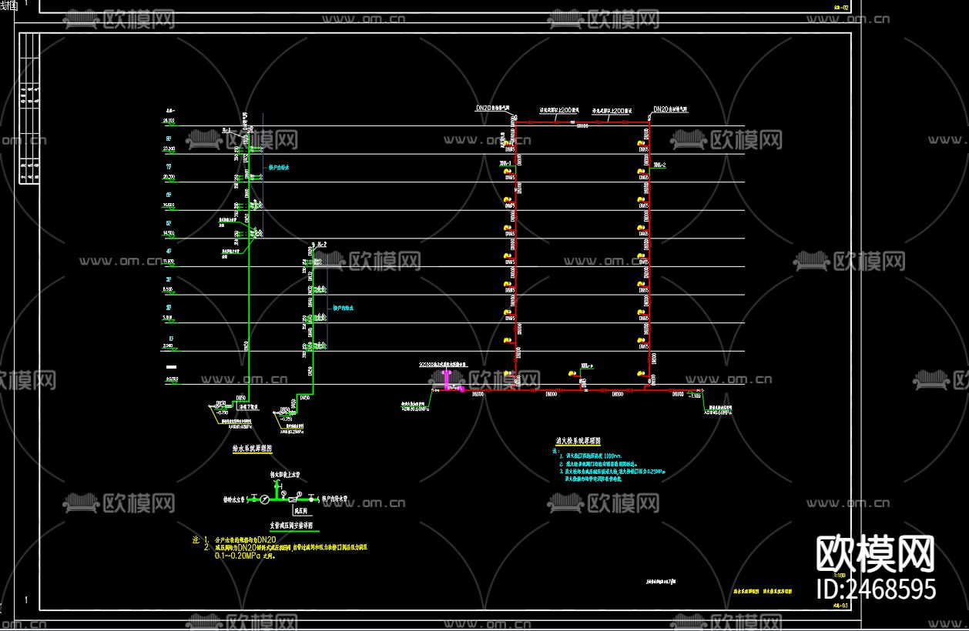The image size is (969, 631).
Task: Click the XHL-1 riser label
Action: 506,165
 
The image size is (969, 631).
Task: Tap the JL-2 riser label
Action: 320,243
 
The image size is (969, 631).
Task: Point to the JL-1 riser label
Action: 226,131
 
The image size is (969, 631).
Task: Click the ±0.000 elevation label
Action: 169,379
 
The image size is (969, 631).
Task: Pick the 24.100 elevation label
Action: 169,121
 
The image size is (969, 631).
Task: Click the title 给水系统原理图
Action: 252,446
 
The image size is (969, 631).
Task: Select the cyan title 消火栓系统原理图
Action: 578,442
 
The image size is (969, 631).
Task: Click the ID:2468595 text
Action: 876,589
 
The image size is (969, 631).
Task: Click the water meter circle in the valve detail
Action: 264,499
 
